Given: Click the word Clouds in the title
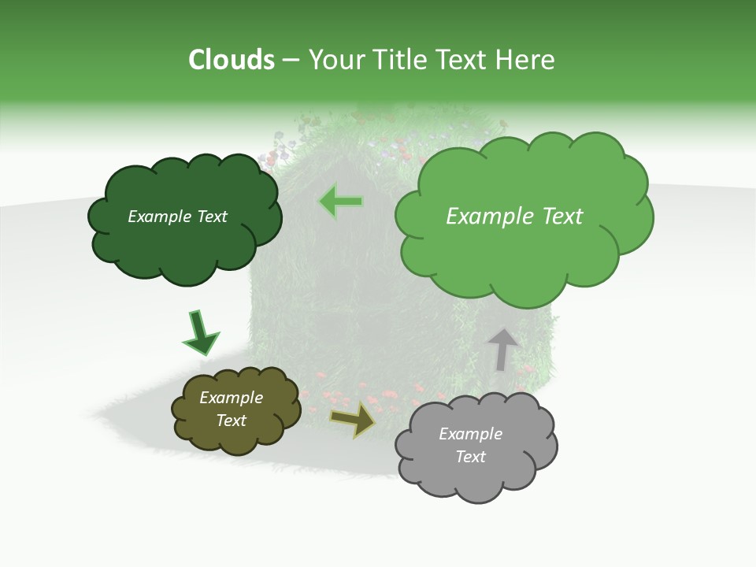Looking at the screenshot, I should [x=231, y=60].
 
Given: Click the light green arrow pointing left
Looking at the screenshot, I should [x=341, y=202].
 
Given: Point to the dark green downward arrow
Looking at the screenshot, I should [x=200, y=332].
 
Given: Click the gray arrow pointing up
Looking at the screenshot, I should [x=502, y=349].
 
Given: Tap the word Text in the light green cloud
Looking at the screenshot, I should [x=558, y=217].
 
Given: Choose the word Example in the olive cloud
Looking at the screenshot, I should [x=231, y=398].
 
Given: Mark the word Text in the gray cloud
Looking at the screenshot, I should [x=470, y=457].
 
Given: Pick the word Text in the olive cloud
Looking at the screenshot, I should [x=231, y=421].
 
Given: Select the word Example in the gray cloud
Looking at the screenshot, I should [x=470, y=434].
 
